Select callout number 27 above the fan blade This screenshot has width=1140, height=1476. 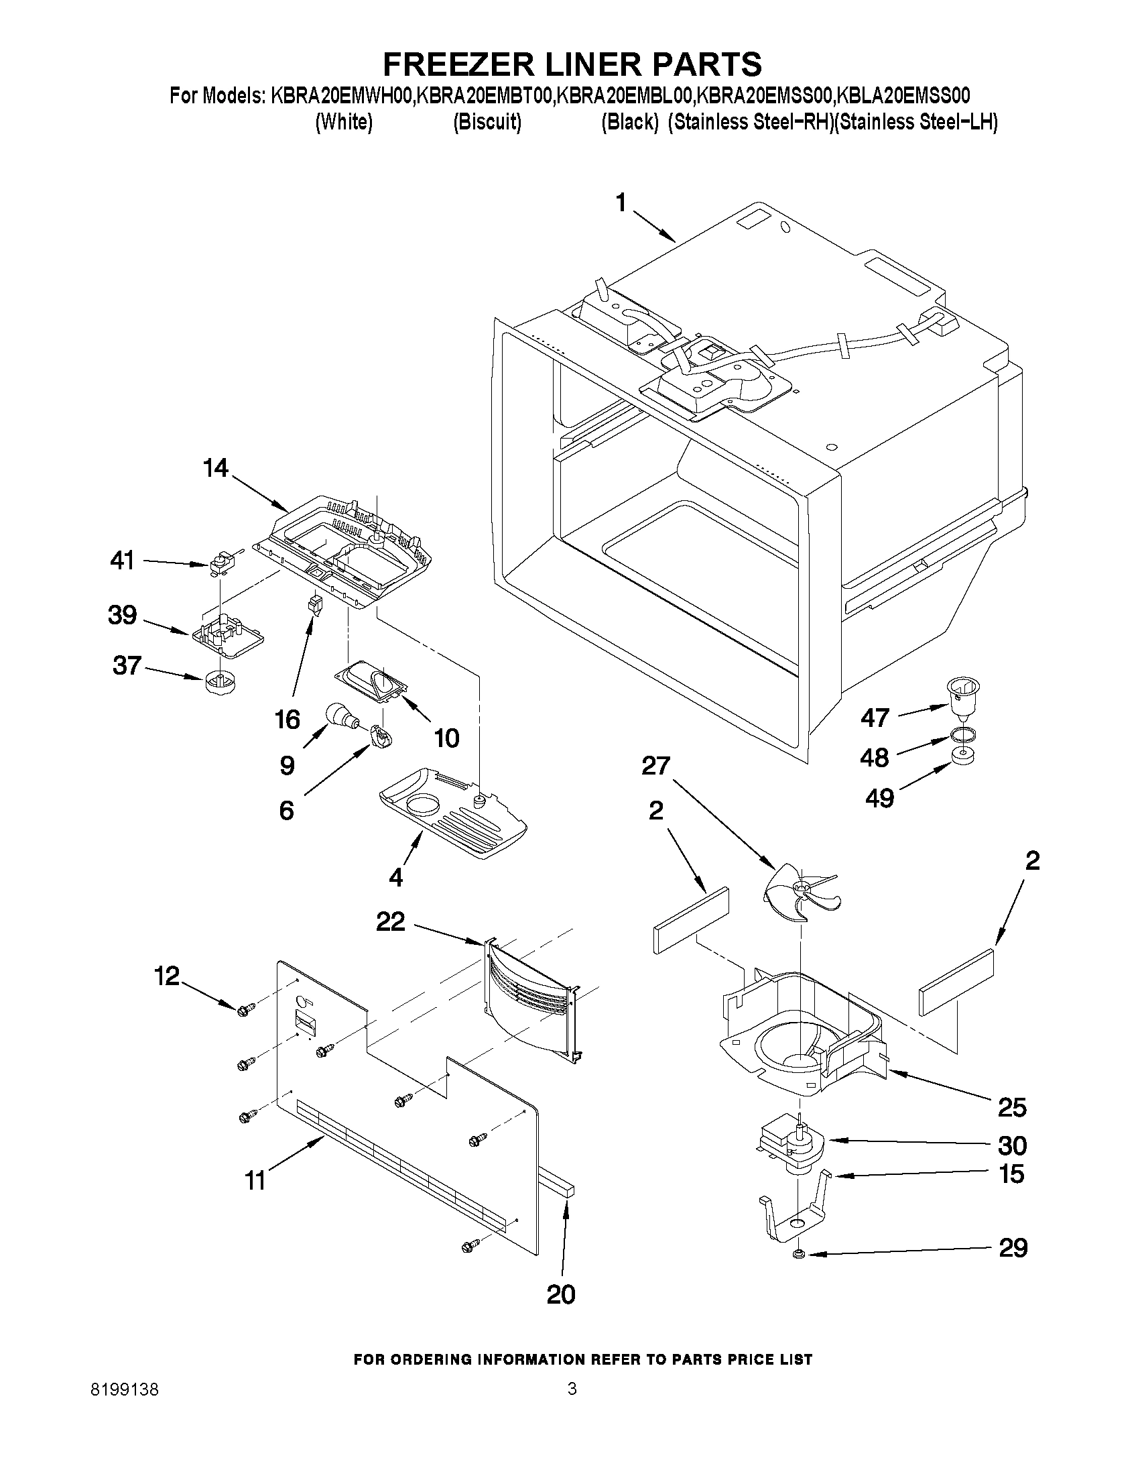point(655,766)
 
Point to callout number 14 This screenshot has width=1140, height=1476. point(215,467)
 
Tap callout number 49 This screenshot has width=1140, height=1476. point(879,798)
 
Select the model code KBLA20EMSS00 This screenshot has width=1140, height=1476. point(903,95)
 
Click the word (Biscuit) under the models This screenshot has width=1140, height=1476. point(487,122)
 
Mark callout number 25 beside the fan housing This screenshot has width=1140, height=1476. point(1012,1106)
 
